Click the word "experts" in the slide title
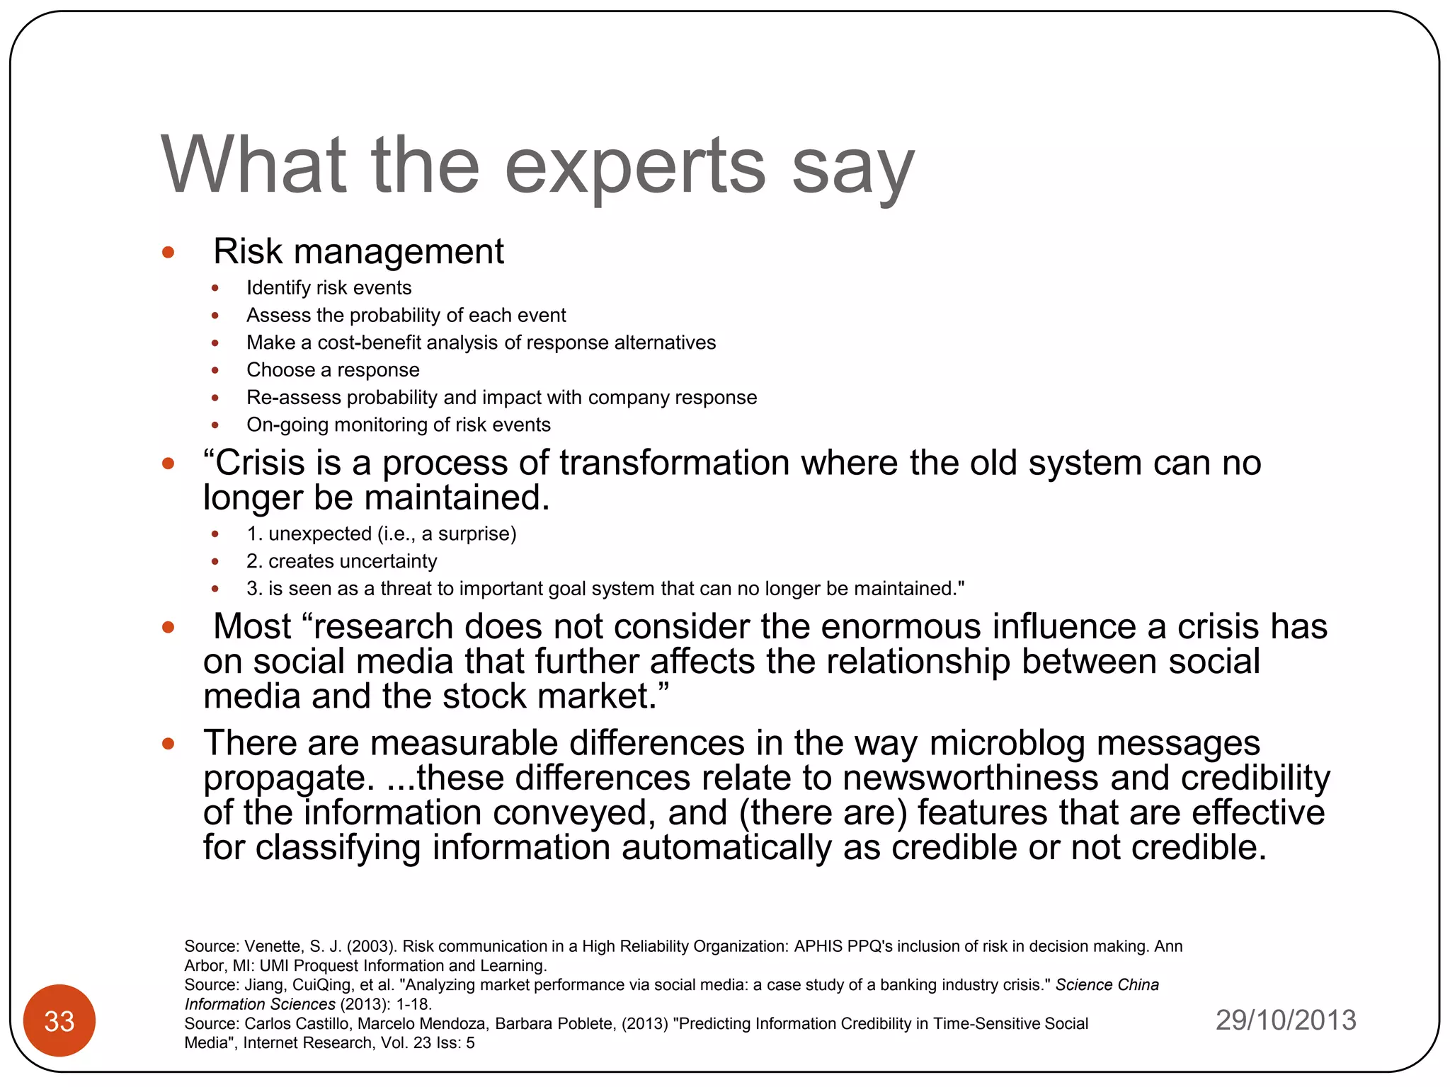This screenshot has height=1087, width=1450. coord(635,166)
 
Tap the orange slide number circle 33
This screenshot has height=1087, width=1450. coord(59,1020)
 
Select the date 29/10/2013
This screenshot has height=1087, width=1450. coord(1286,1020)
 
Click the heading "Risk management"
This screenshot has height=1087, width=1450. coord(358,251)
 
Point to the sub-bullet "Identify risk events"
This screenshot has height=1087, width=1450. coord(329,288)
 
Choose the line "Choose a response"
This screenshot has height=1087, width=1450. coord(333,370)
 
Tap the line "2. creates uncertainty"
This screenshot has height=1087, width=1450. coord(341,561)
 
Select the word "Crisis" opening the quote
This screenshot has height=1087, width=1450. coord(260,464)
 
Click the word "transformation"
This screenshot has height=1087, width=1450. coord(674,464)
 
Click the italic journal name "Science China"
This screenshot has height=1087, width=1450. coord(1107,985)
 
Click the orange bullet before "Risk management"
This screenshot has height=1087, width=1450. coord(168,253)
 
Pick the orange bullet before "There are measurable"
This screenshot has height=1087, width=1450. coord(168,744)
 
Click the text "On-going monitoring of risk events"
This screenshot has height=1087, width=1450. coord(398,425)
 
